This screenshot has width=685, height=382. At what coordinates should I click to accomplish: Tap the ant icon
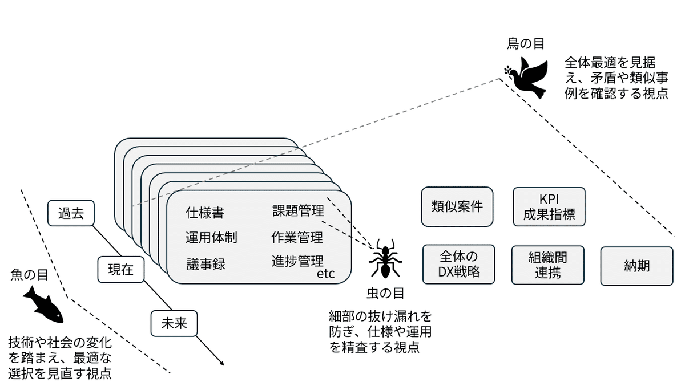tap(385, 259)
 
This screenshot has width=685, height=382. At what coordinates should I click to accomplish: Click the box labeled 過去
tap(71, 213)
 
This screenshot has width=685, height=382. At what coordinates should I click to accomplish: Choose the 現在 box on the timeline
tap(121, 270)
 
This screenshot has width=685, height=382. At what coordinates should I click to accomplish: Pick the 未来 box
tap(174, 324)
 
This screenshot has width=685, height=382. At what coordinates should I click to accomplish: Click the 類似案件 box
tap(457, 207)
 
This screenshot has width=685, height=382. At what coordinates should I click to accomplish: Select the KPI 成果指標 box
tap(549, 207)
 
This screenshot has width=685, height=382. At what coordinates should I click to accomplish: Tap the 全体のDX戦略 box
tap(459, 265)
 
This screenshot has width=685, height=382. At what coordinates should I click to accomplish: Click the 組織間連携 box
tap(548, 265)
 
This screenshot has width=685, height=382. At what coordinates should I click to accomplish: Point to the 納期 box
tap(637, 266)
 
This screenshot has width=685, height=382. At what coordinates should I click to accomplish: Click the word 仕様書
tap(205, 213)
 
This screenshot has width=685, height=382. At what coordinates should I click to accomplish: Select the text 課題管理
tap(298, 211)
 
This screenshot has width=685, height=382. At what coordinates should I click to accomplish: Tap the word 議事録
tap(206, 265)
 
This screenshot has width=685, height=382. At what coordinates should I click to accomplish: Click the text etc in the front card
tap(326, 274)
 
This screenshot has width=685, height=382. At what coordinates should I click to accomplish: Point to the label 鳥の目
tap(526, 44)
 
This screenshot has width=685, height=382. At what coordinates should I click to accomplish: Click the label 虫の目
tap(386, 294)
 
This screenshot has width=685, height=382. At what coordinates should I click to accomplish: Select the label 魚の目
tap(29, 275)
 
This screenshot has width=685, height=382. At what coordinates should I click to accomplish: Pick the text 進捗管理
tap(297, 261)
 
